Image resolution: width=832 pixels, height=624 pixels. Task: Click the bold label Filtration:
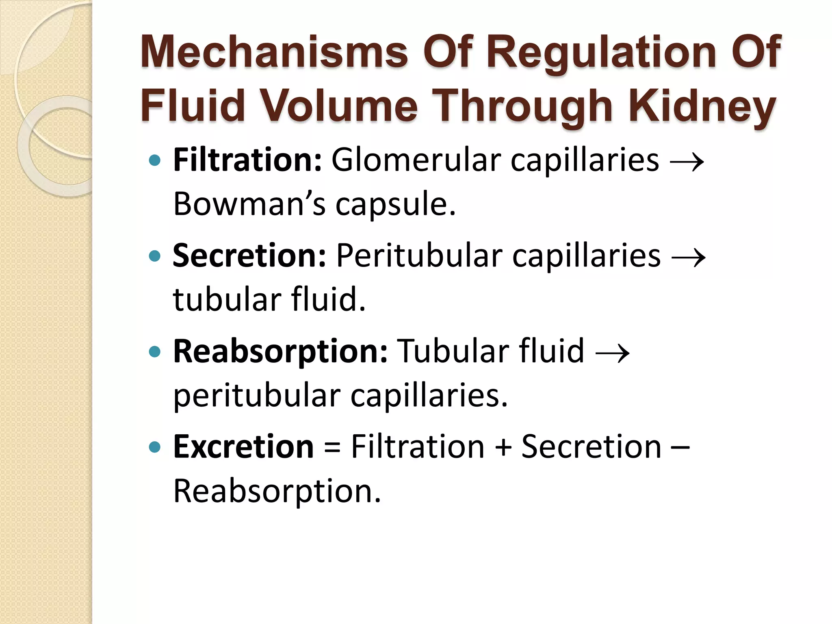click(x=247, y=160)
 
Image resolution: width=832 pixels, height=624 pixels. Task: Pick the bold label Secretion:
click(x=249, y=256)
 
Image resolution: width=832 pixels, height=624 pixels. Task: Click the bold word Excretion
click(x=243, y=446)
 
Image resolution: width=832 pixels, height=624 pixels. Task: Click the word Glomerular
click(x=416, y=160)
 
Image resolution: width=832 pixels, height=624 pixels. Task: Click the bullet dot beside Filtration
click(x=155, y=161)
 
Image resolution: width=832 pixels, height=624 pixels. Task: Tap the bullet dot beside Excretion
click(x=155, y=447)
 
